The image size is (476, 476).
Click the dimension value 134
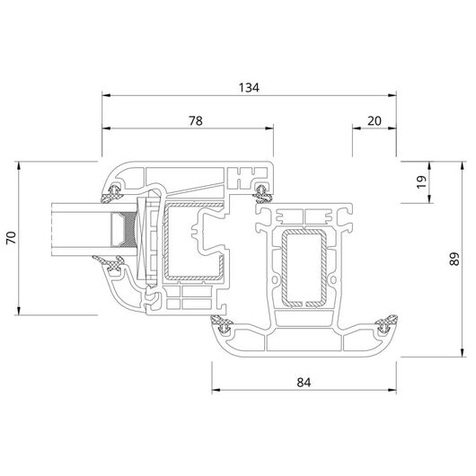(x=249, y=88)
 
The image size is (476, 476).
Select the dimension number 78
(x=196, y=121)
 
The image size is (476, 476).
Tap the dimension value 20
(x=375, y=121)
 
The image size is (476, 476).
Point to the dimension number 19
(x=421, y=181)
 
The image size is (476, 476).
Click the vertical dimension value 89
(x=454, y=259)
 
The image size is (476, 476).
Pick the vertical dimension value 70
(x=12, y=238)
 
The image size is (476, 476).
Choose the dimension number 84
(x=304, y=383)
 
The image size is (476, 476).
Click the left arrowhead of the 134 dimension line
(x=106, y=95)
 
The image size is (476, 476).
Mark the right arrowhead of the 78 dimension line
(x=269, y=128)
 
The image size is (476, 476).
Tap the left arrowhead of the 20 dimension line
(x=356, y=128)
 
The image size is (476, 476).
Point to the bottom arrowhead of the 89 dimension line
(x=462, y=353)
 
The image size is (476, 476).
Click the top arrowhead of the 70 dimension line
(x=19, y=166)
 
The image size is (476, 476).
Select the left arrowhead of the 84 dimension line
(x=216, y=390)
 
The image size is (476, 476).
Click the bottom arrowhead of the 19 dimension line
(x=429, y=198)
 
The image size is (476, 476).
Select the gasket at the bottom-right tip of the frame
(x=386, y=324)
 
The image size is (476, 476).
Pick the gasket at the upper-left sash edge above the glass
(x=111, y=194)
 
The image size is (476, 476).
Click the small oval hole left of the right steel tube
(x=275, y=279)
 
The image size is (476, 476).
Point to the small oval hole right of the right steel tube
(x=332, y=279)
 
